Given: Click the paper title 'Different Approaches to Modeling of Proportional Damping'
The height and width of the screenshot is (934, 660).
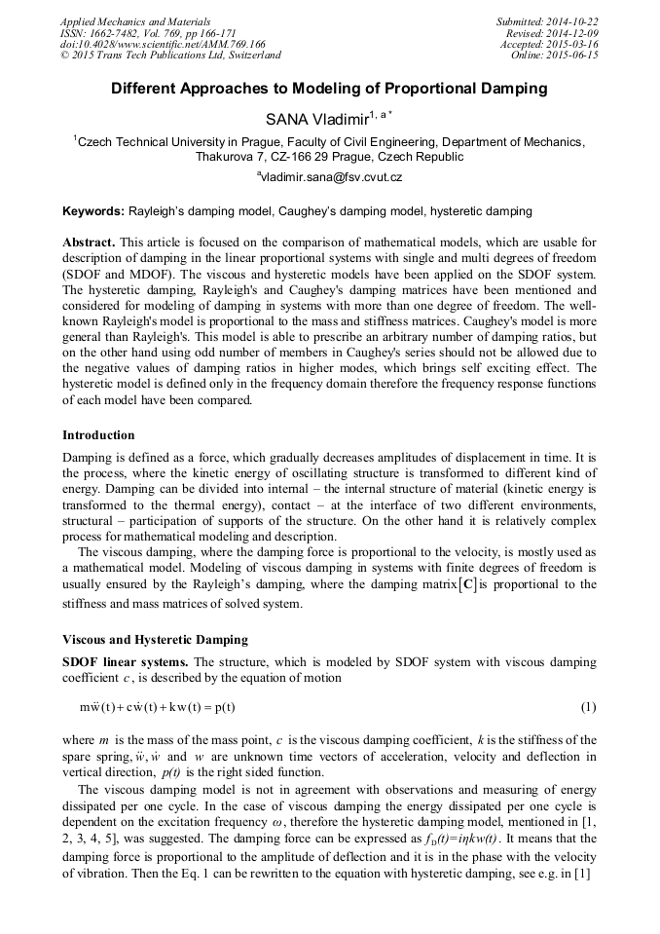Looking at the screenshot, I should (329, 89).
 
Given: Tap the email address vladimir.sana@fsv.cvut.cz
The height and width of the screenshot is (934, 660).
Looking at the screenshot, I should (331, 177).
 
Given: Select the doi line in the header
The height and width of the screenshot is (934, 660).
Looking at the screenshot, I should (163, 45).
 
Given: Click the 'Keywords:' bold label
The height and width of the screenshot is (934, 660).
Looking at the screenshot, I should (93, 211).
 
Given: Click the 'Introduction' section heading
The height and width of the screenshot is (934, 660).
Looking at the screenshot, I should (98, 434).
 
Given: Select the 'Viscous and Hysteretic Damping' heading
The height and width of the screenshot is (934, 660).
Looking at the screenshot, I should (155, 640).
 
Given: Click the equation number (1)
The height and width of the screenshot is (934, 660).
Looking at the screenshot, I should (588, 705).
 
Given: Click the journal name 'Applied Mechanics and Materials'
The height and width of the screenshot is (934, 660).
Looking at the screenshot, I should (136, 21).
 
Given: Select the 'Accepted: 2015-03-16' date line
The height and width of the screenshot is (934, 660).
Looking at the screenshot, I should (549, 45).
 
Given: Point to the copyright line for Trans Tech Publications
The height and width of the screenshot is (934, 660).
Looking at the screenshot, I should (170, 56).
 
